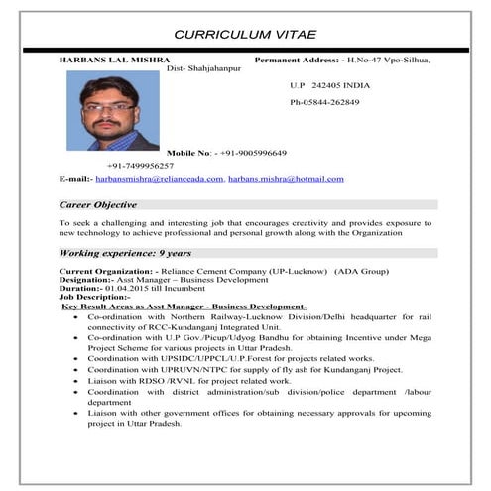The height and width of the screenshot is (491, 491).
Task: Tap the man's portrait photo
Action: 111,110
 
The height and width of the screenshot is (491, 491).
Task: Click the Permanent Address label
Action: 298,61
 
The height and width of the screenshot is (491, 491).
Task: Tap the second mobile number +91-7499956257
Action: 140,165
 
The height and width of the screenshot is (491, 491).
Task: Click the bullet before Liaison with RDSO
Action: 77,380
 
